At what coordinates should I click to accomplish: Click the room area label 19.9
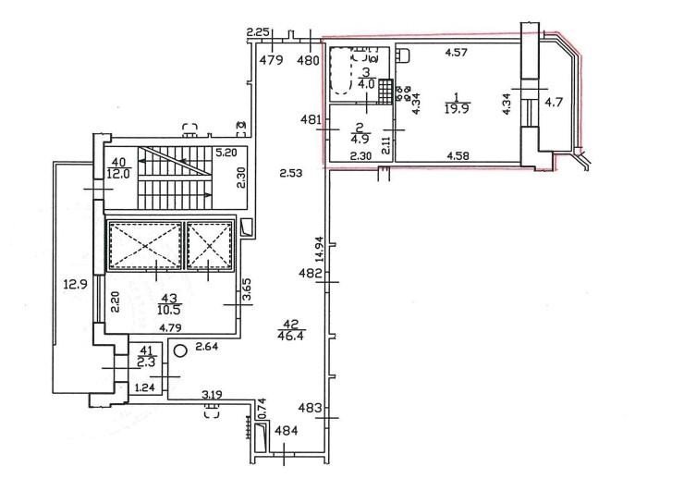tap(457, 109)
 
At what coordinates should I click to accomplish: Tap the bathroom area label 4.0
tap(366, 84)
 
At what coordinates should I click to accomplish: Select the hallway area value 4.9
tap(360, 139)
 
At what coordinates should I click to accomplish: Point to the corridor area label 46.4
tap(291, 336)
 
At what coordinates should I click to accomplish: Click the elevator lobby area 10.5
tap(169, 309)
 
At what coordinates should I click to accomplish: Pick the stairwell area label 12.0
tap(117, 174)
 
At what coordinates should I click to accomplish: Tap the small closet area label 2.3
tap(146, 362)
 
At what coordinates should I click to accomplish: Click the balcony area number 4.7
tap(554, 103)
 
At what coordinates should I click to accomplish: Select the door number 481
tap(311, 119)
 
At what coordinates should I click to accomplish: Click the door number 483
tap(311, 409)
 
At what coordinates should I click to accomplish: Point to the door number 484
tap(287, 431)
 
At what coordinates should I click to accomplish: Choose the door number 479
tap(272, 60)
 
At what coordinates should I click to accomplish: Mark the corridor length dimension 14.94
tap(320, 249)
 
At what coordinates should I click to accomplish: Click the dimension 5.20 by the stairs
tap(226, 153)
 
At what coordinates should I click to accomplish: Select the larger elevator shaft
tap(145, 246)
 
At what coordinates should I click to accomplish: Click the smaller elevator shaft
tap(210, 246)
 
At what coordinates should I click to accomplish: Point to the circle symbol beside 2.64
tap(179, 350)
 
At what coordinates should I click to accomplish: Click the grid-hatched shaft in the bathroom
tap(385, 92)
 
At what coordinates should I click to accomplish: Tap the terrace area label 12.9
tap(76, 285)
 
